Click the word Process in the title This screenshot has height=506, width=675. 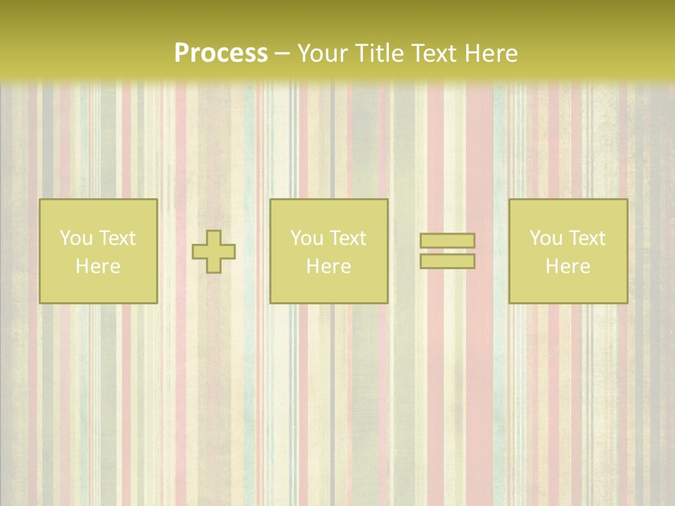(221, 53)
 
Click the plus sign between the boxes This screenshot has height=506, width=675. (214, 251)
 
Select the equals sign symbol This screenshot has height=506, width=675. (447, 251)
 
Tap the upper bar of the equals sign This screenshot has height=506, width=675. (447, 240)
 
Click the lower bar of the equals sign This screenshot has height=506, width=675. (447, 261)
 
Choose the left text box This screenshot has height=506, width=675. (98, 251)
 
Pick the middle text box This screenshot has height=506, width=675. (329, 251)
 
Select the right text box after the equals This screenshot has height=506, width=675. (568, 251)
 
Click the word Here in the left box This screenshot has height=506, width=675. (98, 266)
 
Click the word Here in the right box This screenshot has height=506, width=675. (568, 266)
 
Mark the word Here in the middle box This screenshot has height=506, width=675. (329, 266)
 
